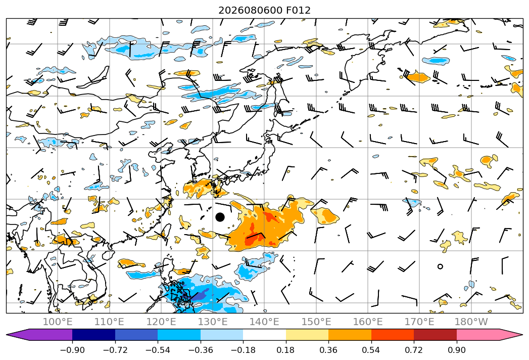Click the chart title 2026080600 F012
(x=264, y=10)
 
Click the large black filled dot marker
(x=220, y=217)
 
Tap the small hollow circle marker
(x=440, y=266)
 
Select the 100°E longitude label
(x=58, y=322)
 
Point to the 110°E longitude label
(x=109, y=322)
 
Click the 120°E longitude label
(x=161, y=322)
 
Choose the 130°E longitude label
(x=213, y=322)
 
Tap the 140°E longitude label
(x=264, y=322)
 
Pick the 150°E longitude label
(x=316, y=322)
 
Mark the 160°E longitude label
(x=368, y=322)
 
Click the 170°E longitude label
(x=419, y=322)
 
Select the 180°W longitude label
(x=471, y=322)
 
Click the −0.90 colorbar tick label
(x=72, y=350)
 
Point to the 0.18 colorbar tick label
(x=286, y=350)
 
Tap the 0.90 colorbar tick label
(x=456, y=350)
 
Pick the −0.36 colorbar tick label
(x=201, y=350)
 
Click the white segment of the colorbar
(x=265, y=335)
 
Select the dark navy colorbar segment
(x=94, y=335)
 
